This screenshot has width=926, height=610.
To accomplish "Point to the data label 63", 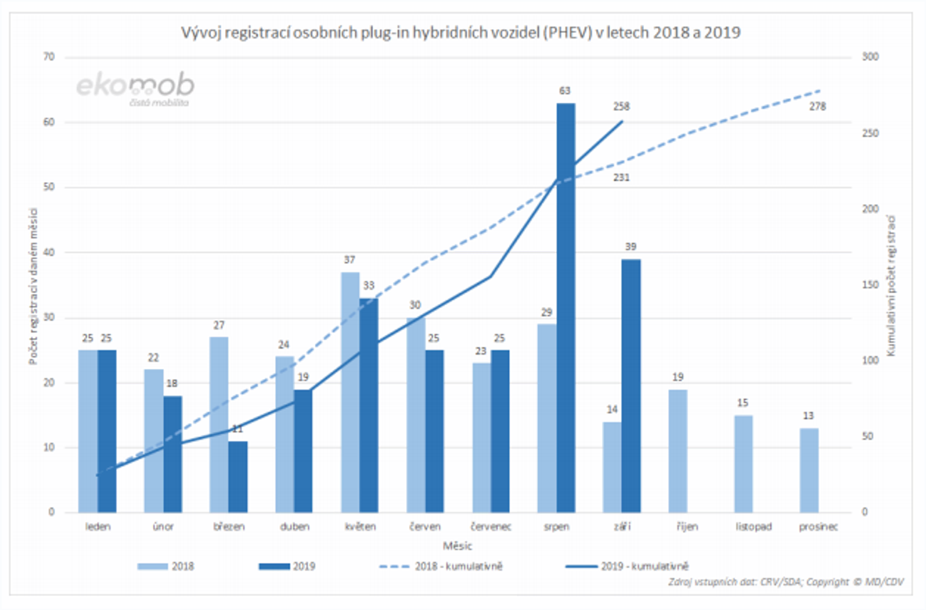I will click(x=564, y=91).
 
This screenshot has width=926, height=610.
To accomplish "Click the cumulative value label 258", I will click(x=621, y=107).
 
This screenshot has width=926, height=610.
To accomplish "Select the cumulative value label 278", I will click(x=817, y=107).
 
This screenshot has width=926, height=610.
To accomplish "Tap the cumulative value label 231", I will click(x=621, y=178).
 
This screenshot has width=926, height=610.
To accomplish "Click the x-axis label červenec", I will click(x=491, y=527).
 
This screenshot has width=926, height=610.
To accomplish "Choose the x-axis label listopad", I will click(x=754, y=527).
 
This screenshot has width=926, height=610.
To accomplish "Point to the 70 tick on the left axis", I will click(x=49, y=57).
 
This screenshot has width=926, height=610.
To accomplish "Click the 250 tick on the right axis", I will click(x=870, y=133).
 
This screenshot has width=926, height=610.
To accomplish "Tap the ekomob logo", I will click(x=135, y=88).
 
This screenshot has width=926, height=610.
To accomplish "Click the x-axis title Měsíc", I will click(x=457, y=546).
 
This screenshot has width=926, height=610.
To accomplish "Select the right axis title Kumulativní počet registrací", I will click(x=891, y=286).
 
